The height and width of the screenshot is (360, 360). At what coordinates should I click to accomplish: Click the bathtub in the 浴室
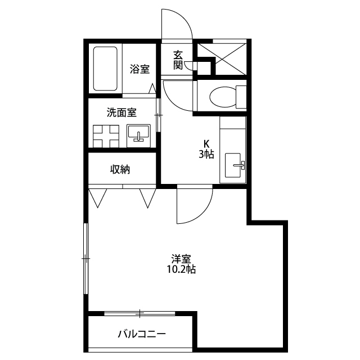105,69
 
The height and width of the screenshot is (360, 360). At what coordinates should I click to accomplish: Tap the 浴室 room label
139,69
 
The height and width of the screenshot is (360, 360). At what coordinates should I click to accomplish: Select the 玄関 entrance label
178,60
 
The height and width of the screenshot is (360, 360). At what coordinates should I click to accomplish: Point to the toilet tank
241,97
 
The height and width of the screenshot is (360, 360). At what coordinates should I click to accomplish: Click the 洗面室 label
121,112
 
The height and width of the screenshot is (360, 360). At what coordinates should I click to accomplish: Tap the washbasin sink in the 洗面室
139,136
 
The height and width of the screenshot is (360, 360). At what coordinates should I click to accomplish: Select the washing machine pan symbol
106,136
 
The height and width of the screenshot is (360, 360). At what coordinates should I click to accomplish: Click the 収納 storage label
120,170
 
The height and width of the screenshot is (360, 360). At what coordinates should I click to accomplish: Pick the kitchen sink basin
233,165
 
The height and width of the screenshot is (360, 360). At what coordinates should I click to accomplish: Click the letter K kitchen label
206,144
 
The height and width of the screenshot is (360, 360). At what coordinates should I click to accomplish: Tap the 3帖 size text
206,154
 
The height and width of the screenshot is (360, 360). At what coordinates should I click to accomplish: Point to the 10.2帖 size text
181,269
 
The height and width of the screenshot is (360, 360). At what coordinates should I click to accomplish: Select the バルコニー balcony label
142,334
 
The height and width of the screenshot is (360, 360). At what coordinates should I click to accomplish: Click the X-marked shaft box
222,58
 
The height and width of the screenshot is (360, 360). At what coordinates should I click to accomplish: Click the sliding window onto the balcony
139,313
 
